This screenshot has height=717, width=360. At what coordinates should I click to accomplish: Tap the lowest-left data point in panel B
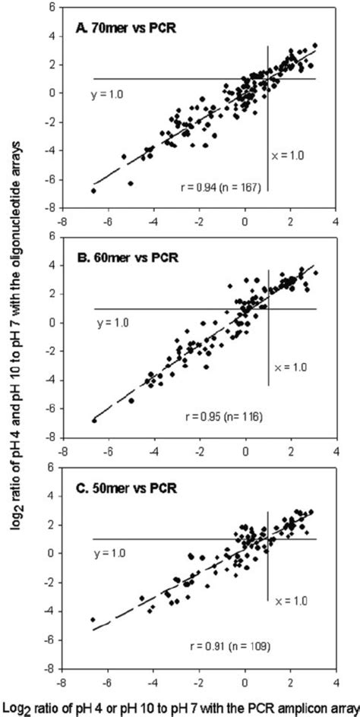(93, 419)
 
